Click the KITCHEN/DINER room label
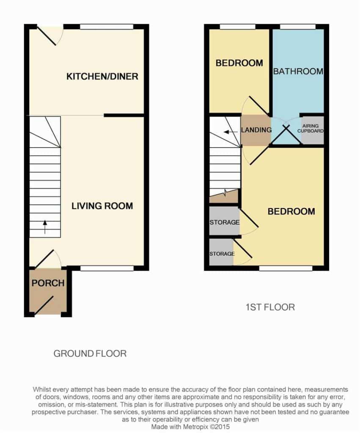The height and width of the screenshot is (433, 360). (102, 76)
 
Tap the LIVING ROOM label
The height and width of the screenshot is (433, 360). (102, 206)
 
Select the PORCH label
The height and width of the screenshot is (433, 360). (48, 283)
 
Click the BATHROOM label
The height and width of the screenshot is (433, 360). (298, 71)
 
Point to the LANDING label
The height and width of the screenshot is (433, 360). (256, 130)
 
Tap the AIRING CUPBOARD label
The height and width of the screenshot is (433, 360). (311, 129)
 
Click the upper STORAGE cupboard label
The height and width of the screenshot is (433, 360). (224, 222)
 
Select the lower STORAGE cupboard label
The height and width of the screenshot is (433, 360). (222, 254)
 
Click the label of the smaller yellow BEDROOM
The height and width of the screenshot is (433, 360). (239, 63)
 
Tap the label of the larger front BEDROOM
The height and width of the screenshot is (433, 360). (291, 211)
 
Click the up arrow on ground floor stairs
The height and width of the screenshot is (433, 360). (45, 227)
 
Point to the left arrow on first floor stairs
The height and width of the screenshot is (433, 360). (231, 132)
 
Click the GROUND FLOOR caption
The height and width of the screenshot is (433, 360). (90, 354)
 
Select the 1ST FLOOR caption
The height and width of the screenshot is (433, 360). (270, 307)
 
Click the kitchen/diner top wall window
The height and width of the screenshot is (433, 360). (107, 27)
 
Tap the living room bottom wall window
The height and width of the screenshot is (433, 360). (107, 268)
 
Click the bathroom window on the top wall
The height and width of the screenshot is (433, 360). (297, 27)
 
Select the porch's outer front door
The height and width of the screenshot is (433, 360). (44, 306)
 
